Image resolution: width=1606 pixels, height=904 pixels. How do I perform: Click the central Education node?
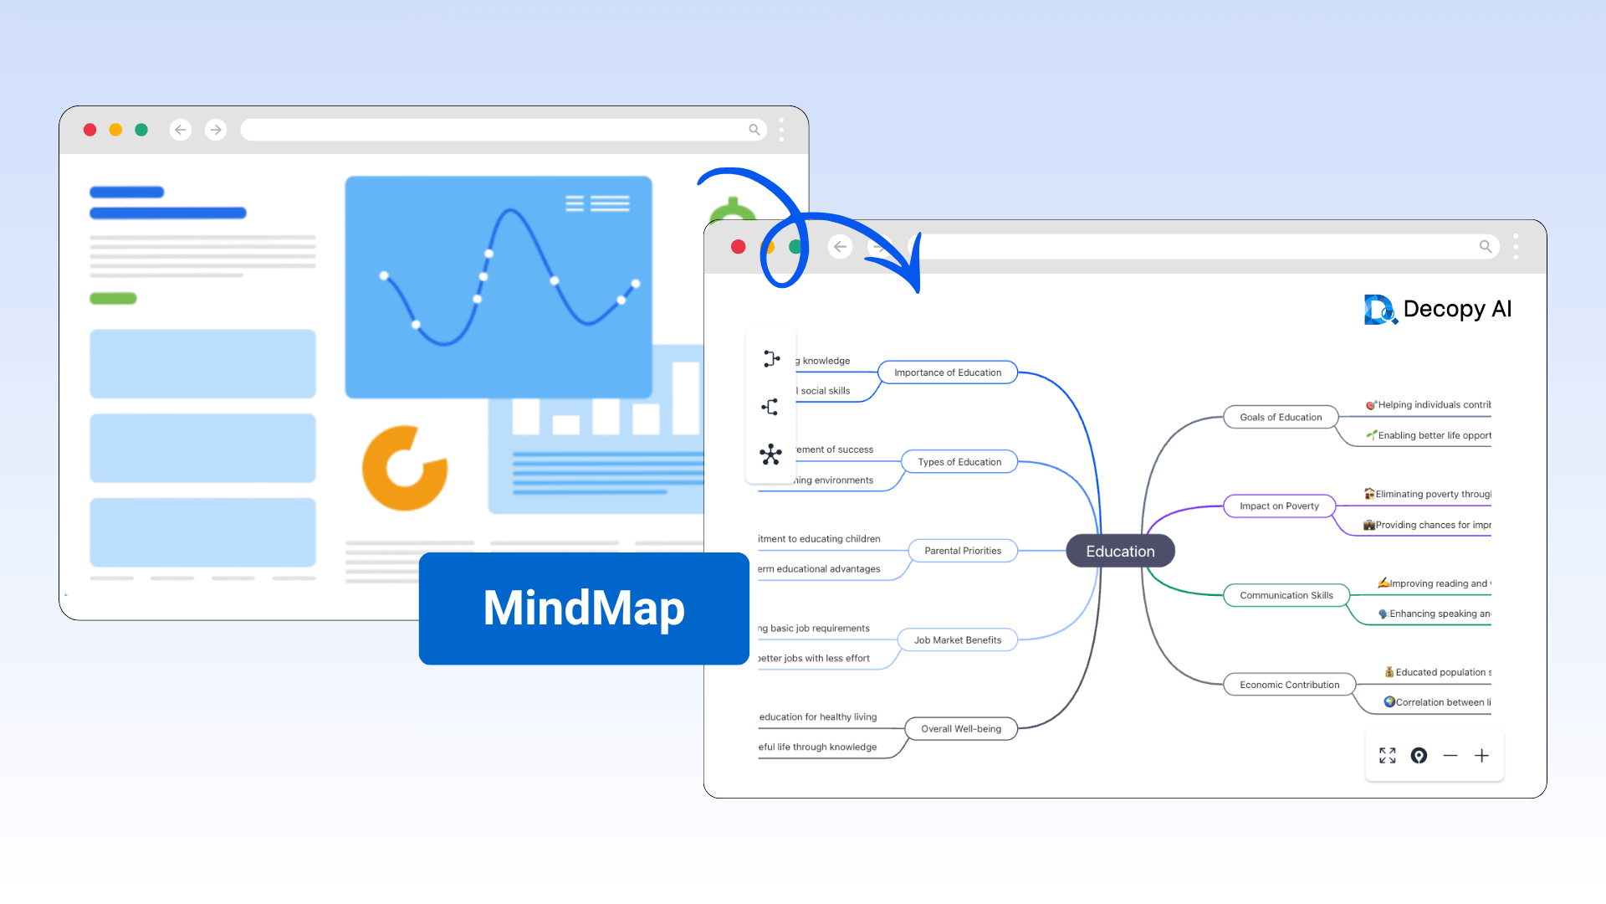click(x=1120, y=551)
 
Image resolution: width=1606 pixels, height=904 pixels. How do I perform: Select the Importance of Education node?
click(x=947, y=372)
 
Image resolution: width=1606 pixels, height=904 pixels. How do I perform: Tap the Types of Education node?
click(x=959, y=462)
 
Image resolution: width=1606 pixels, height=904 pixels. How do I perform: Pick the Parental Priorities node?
click(x=962, y=551)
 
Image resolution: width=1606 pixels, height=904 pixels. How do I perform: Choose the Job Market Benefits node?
click(x=957, y=640)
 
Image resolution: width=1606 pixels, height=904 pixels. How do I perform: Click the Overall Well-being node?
click(x=960, y=729)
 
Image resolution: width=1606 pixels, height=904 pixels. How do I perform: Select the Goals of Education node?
click(x=1280, y=417)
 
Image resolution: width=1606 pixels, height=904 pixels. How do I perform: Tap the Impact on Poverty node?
click(x=1278, y=506)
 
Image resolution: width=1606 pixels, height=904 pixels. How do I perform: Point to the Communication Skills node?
click(x=1286, y=595)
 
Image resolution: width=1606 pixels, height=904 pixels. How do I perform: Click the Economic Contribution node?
click(x=1289, y=685)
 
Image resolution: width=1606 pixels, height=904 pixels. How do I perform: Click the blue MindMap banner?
click(x=584, y=609)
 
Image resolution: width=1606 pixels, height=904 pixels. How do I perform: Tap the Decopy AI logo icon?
click(x=1379, y=310)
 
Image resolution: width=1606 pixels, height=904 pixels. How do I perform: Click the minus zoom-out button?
click(x=1450, y=756)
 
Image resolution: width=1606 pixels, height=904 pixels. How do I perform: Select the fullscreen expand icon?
click(x=1388, y=756)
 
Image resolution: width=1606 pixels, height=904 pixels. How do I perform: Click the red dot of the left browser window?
click(x=90, y=130)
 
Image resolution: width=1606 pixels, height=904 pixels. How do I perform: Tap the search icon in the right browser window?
click(x=1486, y=247)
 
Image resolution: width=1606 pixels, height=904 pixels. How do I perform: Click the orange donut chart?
click(x=404, y=469)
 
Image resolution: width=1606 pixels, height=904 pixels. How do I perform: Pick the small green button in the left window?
click(x=113, y=299)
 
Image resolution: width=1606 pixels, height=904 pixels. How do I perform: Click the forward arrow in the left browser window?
click(x=216, y=130)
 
